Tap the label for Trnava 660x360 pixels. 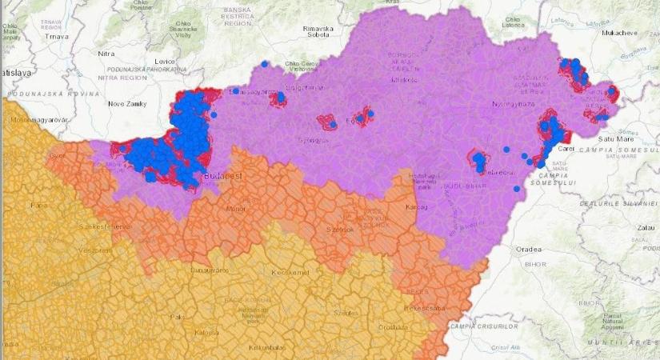[57, 37]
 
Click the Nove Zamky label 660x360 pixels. [128, 104]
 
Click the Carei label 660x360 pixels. [565, 149]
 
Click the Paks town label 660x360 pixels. [178, 316]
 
